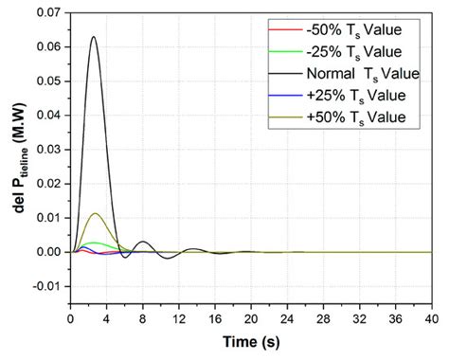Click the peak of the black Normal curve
(94, 37)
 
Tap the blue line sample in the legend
(277, 96)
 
